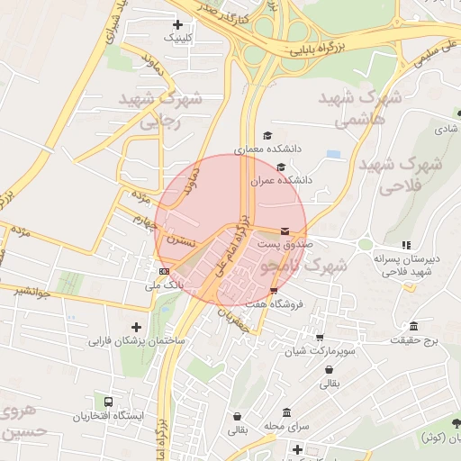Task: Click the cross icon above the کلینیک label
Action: pos(176,24)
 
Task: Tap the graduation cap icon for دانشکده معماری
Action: pos(267,135)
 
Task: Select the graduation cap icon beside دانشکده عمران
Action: pos(281,167)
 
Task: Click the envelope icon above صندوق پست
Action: pos(285,231)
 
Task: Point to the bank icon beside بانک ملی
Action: pos(164,270)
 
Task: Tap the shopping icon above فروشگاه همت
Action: pos(273,290)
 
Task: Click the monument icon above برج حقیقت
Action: pos(413,326)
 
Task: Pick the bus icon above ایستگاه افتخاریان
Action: pos(109,402)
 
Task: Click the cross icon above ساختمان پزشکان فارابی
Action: pos(136,327)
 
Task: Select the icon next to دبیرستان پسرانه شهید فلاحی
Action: pos(406,244)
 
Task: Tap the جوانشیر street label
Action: pos(32,291)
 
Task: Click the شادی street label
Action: pos(446,129)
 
